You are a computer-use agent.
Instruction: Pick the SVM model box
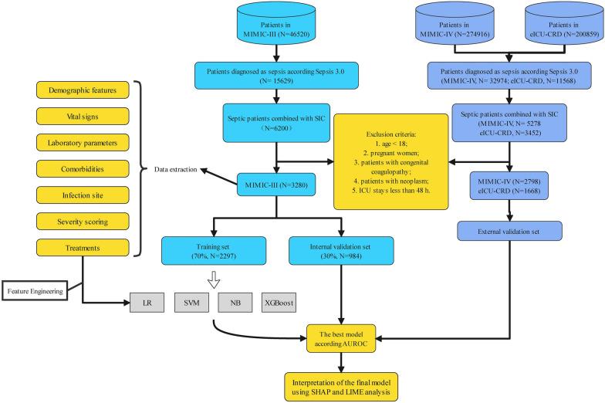pos(193,296)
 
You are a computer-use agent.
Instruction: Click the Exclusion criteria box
pos(392,161)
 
